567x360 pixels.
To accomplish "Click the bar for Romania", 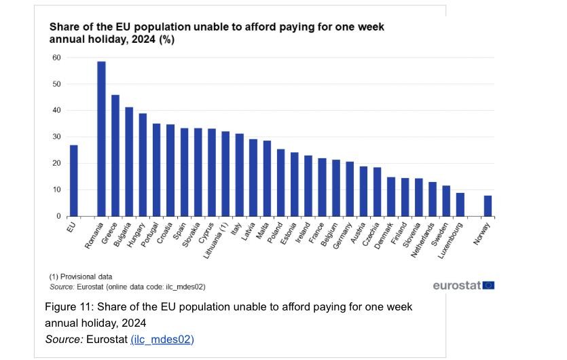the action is point(101,139).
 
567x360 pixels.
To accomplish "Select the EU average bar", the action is point(74,181).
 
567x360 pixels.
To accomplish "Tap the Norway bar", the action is point(488,206).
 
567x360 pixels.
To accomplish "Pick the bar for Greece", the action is point(115,156).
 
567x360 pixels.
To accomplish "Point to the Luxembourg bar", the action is point(460,204).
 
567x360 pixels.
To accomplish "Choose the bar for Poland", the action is point(281,183).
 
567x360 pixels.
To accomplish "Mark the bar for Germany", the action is point(350,189).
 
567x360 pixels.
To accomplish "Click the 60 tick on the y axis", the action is point(56,58).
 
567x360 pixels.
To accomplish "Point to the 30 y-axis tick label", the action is point(56,137).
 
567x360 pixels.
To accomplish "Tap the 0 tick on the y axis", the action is point(58,216).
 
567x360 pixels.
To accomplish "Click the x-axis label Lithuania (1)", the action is point(216,240).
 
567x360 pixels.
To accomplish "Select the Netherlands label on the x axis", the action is point(422,240).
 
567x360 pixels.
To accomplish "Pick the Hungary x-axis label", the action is point(136,235).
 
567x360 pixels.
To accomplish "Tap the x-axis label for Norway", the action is point(481,234).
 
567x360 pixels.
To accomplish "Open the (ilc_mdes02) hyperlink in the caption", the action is point(162,340).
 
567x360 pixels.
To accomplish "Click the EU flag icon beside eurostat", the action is point(488,285).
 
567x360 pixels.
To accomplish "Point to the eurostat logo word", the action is point(457,285).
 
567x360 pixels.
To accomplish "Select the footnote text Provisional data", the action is point(86,276).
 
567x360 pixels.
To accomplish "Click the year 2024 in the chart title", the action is point(143,39).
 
